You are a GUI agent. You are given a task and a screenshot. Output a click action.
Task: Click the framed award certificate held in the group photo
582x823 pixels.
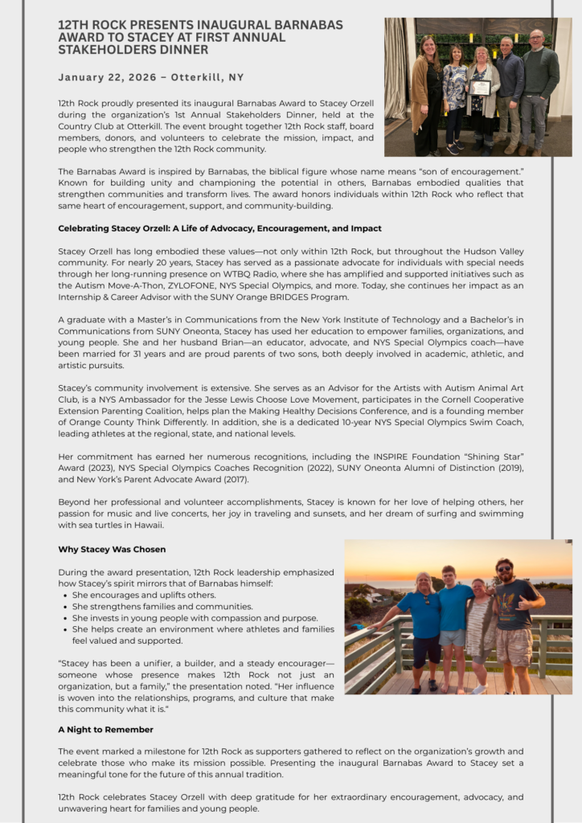(481, 88)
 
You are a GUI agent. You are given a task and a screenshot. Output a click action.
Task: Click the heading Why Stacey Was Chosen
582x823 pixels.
(112, 549)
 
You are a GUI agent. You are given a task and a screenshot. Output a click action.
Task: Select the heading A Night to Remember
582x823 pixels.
(105, 729)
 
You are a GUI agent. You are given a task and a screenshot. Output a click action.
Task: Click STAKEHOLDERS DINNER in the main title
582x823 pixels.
(133, 49)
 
